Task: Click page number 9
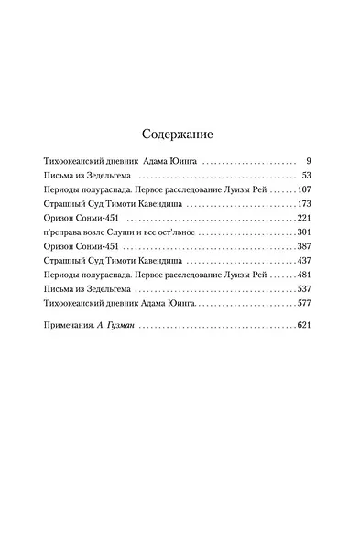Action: [x=310, y=159]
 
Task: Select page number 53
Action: [x=307, y=174]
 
